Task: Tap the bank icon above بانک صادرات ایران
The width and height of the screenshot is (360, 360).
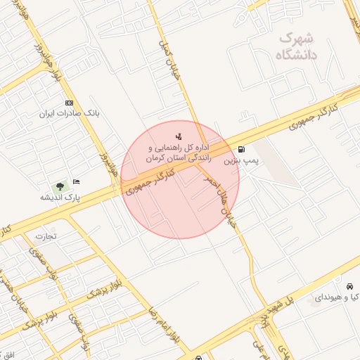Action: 68,103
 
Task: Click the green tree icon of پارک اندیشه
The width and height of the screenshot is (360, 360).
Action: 59,186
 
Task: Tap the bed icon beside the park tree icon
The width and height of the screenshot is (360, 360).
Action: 76,182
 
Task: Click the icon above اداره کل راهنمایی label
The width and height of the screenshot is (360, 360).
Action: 179,136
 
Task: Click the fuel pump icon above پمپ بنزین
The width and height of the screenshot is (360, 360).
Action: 242,149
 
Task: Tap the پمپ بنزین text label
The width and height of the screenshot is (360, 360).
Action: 242,161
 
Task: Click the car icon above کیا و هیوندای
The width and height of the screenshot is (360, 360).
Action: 349,286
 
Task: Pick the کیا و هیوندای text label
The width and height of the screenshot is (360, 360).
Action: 337,298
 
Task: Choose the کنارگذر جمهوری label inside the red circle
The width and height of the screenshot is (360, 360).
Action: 153,177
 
